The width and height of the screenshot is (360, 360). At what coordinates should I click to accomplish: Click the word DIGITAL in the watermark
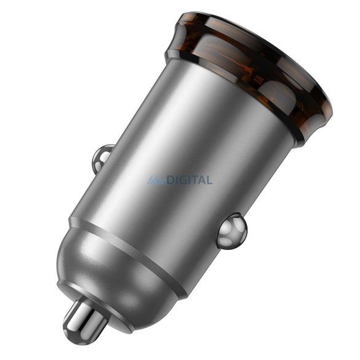point(187,180)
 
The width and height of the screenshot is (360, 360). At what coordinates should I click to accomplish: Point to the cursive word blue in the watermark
point(154,180)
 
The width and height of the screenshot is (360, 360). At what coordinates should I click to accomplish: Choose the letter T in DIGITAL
point(193,180)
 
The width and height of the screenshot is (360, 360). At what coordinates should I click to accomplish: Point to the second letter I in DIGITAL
point(187,180)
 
